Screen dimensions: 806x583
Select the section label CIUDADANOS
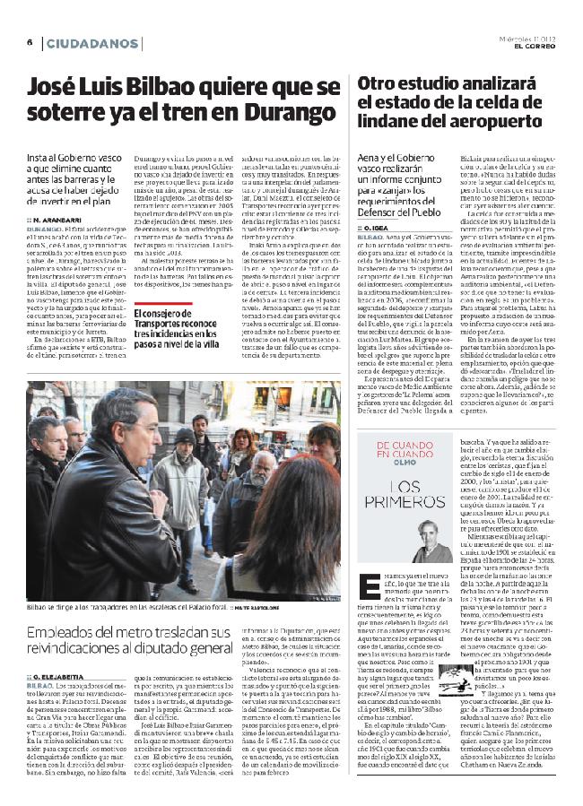point(87,43)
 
